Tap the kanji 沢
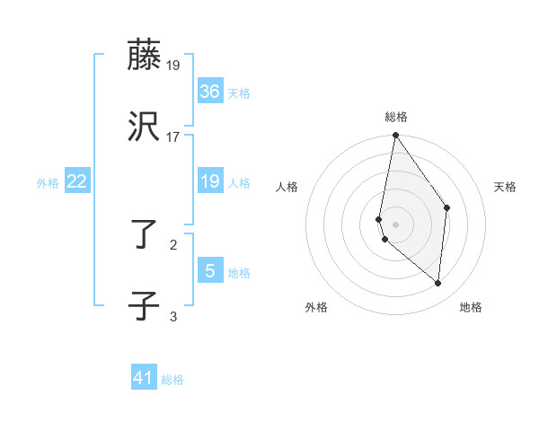coord(145,127)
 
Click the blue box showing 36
coord(210,92)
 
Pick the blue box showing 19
coord(210,181)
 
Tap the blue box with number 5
coord(210,271)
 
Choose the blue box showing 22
coord(77,181)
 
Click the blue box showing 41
coord(144,378)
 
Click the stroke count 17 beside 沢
coord(173,137)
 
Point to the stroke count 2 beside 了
coord(173,243)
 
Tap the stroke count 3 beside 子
coord(173,316)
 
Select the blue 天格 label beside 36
coord(239,93)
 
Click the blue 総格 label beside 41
coord(172,380)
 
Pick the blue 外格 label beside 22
coord(48,183)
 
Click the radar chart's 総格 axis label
coord(396,117)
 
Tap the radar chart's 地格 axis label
coord(471,307)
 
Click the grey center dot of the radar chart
coord(396,223)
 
